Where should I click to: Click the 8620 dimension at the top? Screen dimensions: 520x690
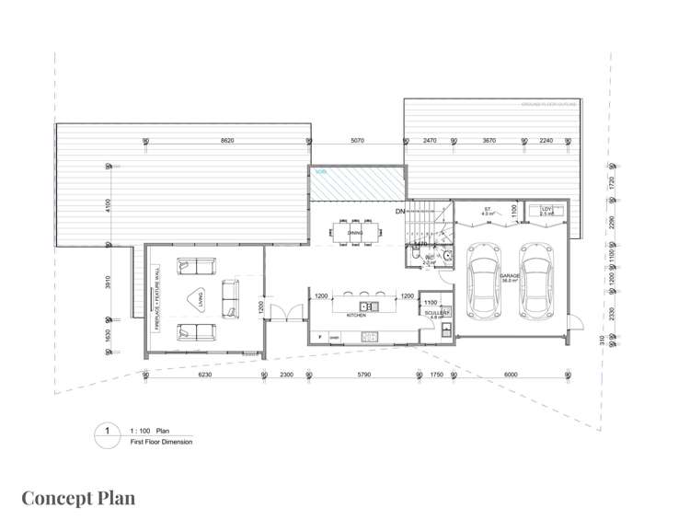[x=225, y=140]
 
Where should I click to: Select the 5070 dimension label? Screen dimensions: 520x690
[x=358, y=140]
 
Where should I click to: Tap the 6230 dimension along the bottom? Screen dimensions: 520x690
[x=204, y=375]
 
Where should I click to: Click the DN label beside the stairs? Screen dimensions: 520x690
[x=400, y=213]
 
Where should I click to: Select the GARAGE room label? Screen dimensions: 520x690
[x=510, y=276]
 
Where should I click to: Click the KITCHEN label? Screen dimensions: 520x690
[x=357, y=316]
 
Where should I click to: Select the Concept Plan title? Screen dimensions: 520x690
[x=78, y=498]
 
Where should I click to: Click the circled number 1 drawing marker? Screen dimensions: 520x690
[x=108, y=430]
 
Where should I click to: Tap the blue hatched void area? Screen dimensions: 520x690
[x=357, y=182]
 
